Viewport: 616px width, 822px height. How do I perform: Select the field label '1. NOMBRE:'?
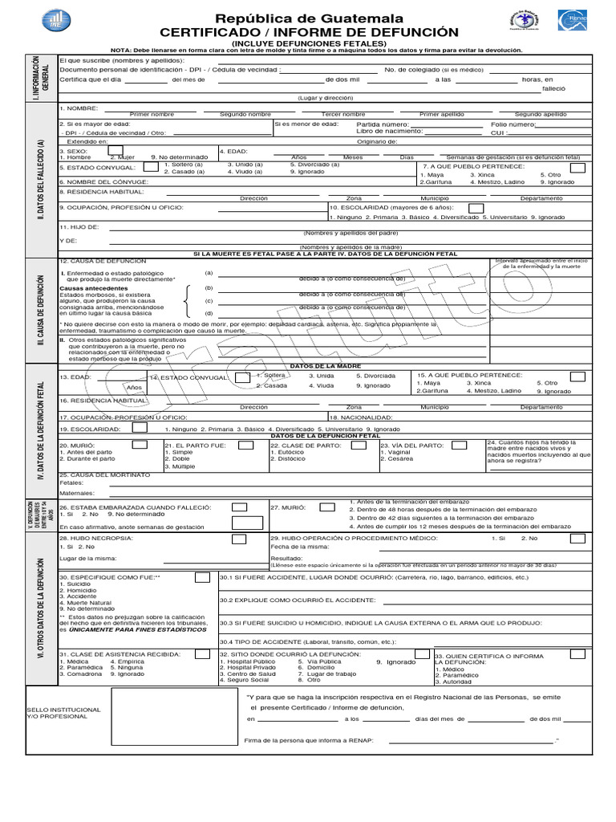coord(79,107)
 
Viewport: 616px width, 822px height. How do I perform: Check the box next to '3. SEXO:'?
coord(115,149)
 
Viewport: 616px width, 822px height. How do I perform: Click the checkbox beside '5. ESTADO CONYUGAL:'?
coord(151,167)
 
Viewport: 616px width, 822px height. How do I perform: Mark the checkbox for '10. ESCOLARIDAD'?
coord(476,208)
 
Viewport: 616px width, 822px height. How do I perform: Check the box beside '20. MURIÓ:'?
coord(139,445)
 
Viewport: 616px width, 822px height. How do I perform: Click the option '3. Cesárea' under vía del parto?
coord(398,459)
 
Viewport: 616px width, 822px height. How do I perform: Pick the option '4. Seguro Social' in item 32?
coord(249,680)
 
